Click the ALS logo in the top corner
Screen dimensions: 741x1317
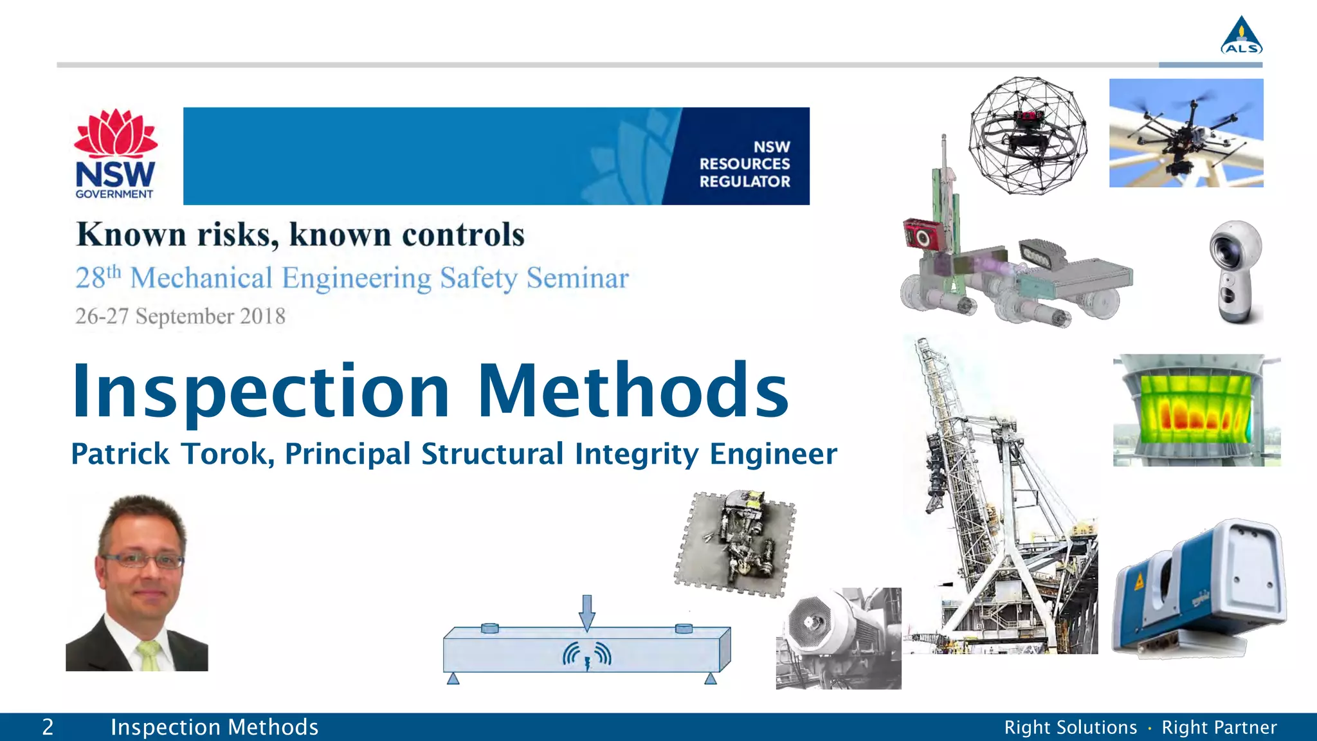point(1241,36)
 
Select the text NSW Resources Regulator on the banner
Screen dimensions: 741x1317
point(745,165)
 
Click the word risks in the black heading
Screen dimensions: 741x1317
point(237,234)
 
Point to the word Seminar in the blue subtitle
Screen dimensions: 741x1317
point(577,279)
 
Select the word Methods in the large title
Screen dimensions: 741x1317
point(633,391)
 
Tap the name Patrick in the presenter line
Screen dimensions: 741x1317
point(120,454)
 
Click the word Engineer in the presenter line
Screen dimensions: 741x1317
point(773,454)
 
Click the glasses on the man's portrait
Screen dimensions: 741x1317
point(143,560)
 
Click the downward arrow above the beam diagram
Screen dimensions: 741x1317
point(586,612)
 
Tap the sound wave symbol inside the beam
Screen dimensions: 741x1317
point(586,656)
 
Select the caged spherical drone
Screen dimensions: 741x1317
point(1028,135)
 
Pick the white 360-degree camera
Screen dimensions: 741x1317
point(1235,271)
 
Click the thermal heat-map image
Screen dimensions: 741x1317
point(1196,410)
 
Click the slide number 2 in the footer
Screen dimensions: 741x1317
point(48,727)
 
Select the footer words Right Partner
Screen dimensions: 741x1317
point(1219,727)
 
